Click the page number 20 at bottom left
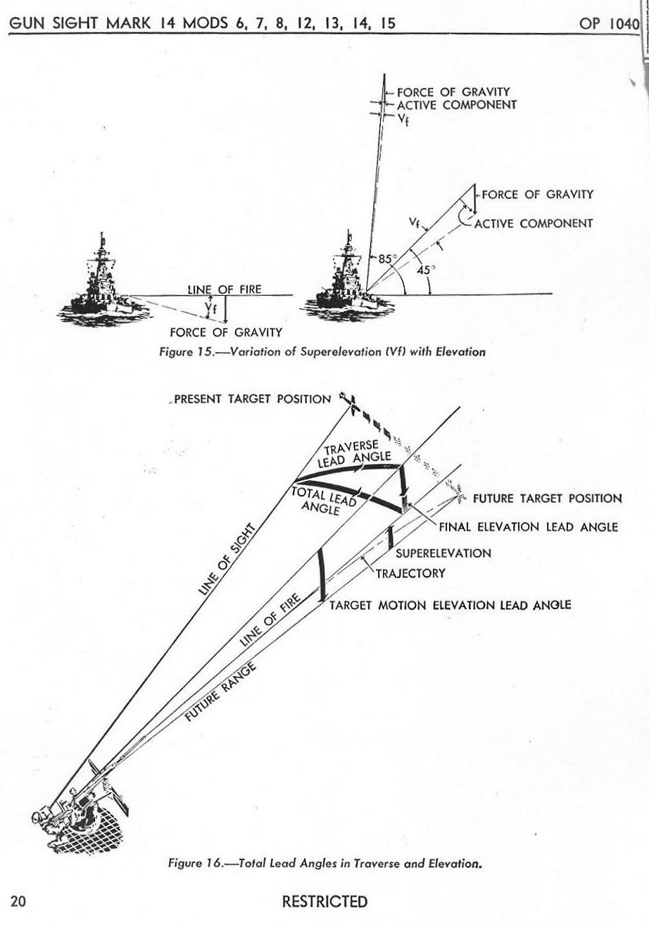19,901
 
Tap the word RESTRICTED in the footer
324,901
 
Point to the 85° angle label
386,258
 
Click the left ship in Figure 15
103,282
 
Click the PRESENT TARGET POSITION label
252,399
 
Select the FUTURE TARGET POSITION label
547,499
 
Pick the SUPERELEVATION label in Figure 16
443,553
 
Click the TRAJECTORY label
410,572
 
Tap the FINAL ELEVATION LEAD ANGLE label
528,527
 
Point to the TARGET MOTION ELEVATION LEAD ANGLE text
450,605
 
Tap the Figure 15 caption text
322,351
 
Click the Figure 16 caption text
324,862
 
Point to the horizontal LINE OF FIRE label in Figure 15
224,289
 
